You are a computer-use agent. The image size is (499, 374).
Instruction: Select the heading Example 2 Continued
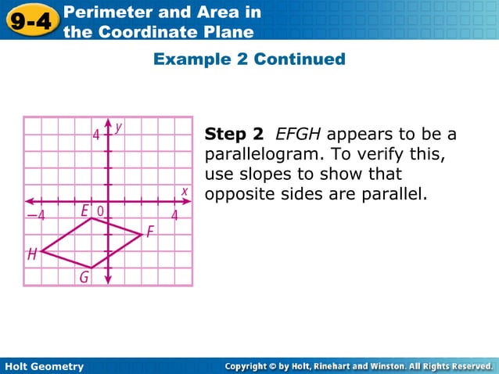point(249,59)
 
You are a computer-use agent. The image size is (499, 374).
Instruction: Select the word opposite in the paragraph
point(238,192)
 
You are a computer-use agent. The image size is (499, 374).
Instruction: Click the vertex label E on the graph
point(84,210)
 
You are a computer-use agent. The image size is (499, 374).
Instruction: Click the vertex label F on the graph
point(149,232)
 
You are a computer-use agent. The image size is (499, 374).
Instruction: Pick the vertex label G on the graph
point(83,277)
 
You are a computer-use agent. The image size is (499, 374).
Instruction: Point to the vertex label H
point(32,254)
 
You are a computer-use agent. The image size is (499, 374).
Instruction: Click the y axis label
point(118,126)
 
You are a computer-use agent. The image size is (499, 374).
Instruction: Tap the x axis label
point(185,190)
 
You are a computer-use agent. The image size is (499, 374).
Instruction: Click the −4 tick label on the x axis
point(36,215)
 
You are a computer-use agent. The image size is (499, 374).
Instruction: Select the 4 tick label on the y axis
point(96,135)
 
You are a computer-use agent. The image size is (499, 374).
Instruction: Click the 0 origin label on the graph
point(100,211)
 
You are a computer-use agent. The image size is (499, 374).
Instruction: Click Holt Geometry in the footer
point(44,366)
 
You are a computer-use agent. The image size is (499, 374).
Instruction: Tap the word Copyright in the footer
point(254,366)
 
